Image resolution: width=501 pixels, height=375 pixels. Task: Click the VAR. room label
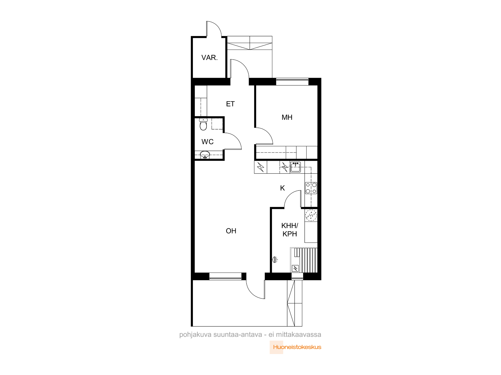point(209,57)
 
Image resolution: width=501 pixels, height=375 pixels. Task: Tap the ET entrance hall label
point(230,104)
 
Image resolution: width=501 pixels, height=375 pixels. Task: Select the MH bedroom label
point(287,117)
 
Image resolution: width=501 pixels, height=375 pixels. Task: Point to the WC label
point(207,142)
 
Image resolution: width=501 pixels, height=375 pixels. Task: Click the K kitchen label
point(282,188)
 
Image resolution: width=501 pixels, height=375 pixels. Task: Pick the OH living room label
point(231,231)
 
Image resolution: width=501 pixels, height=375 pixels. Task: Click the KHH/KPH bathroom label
point(290,230)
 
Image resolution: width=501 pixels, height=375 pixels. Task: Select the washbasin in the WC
point(205,155)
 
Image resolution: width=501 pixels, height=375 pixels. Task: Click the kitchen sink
point(295,167)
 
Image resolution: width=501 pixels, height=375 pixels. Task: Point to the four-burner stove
point(311,188)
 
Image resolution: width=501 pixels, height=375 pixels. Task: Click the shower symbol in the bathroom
point(275,260)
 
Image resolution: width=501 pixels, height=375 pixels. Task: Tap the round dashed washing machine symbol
point(311,215)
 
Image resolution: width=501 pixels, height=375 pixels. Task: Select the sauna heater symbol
point(295,268)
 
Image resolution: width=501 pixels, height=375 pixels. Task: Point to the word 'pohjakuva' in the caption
point(195,335)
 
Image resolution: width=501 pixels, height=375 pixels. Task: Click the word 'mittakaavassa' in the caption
point(298,334)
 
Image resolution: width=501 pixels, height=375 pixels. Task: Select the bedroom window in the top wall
point(292,81)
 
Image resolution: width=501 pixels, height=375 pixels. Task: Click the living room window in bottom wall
point(225,276)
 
